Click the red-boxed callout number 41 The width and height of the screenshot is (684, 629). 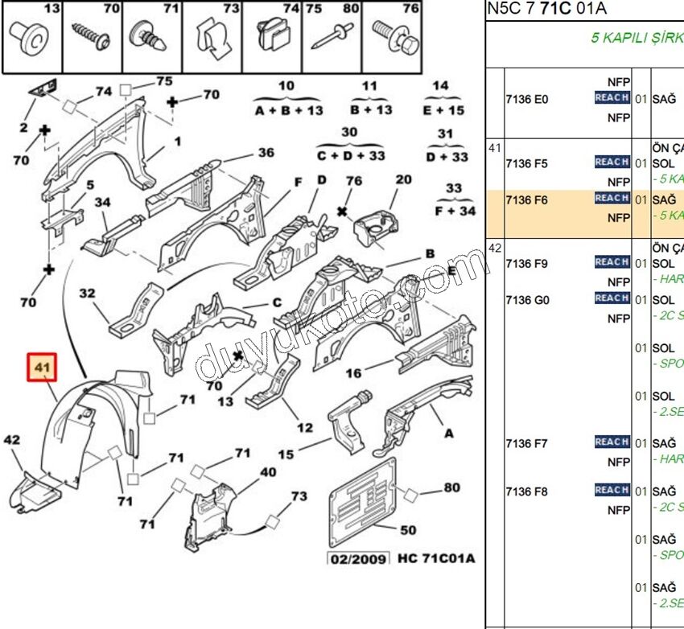tap(41, 368)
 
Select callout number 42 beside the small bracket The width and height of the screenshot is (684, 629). tap(12, 440)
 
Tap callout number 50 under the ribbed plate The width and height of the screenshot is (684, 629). tap(408, 530)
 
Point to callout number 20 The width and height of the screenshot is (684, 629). tap(403, 179)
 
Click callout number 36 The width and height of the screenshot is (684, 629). tap(266, 153)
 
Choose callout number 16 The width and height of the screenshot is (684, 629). tap(353, 373)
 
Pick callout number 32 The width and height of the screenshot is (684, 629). tap(87, 294)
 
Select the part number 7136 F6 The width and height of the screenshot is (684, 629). tap(526, 200)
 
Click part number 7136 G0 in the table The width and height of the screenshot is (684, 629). tap(527, 300)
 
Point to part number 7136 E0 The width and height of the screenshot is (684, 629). tap(526, 100)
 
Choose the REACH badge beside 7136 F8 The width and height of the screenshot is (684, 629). tap(612, 490)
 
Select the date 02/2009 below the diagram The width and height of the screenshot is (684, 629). tap(358, 558)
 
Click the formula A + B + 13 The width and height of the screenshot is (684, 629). tap(288, 110)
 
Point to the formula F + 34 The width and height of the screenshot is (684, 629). tap(455, 211)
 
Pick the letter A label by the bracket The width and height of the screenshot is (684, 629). tap(448, 434)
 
